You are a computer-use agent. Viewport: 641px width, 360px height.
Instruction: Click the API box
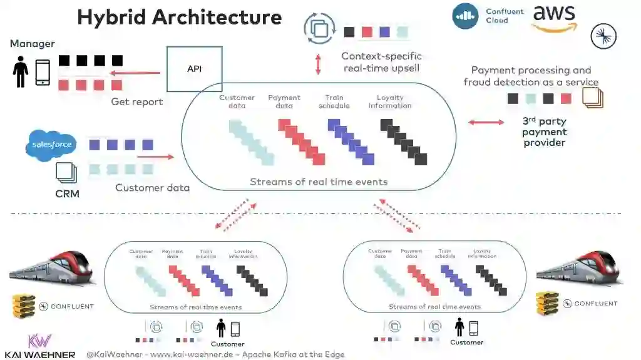click(194, 69)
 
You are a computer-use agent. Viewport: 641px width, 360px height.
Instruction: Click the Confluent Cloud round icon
click(465, 16)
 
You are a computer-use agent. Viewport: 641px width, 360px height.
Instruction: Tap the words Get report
click(136, 101)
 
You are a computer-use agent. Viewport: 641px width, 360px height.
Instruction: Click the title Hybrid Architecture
click(179, 17)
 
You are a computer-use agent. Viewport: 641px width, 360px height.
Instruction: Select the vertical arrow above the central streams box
click(318, 64)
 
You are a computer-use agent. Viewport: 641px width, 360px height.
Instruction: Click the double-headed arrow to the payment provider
click(486, 122)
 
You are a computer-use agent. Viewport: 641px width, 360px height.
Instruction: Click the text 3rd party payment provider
click(544, 131)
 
